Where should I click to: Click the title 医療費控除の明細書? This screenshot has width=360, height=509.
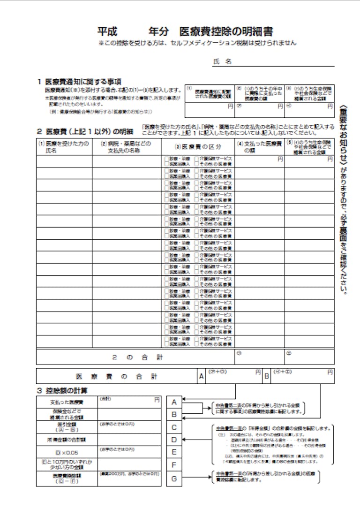[226, 32]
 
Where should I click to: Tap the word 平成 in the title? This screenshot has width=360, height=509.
[107, 32]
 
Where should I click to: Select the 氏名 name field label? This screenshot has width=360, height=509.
[223, 62]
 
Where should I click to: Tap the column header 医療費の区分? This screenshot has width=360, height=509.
[197, 147]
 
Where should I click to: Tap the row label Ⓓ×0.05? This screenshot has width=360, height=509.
[67, 452]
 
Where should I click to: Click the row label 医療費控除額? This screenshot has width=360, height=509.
[67, 479]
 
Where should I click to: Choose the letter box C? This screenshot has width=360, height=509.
[174, 427]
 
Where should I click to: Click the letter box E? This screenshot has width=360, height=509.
[174, 452]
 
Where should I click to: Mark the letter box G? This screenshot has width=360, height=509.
[174, 479]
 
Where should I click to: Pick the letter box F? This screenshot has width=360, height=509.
[174, 465]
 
